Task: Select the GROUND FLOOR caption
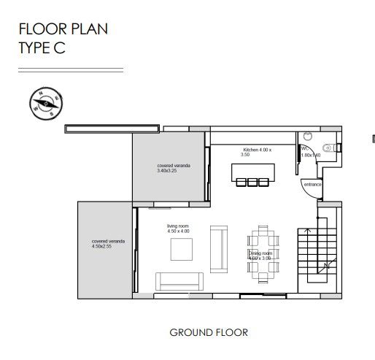click(209, 332)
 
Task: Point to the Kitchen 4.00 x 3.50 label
click(257, 152)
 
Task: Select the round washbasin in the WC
click(307, 135)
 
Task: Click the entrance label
click(312, 184)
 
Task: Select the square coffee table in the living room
click(182, 250)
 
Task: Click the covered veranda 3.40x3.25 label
click(173, 168)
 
